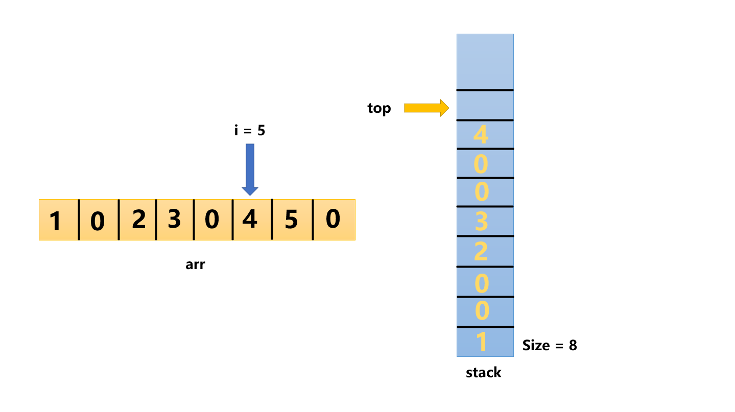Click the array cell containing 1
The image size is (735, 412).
[59, 220]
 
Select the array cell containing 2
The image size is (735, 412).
[137, 220]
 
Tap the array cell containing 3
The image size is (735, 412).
[175, 220]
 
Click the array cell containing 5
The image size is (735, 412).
[292, 220]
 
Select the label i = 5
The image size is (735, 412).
[250, 131]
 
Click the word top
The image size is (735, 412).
[379, 108]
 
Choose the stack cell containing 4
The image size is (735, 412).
[485, 135]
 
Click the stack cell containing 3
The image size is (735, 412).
[485, 222]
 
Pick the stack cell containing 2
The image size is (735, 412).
[485, 252]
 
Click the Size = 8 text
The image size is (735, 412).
[550, 346]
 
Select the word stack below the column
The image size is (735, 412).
[484, 373]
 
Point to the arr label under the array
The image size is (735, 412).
[195, 265]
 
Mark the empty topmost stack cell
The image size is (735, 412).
[485, 62]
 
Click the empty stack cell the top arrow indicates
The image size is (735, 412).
[485, 105]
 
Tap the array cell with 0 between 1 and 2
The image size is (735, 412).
[98, 220]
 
